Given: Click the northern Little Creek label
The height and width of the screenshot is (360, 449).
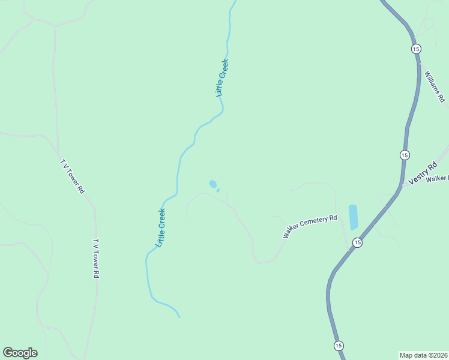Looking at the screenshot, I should pos(223,78).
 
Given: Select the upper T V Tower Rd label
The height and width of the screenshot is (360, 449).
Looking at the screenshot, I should pos(73,176).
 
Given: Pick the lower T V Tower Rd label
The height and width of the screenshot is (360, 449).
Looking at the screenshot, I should pos(95,259).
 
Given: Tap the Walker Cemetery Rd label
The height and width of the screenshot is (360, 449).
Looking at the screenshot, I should pos(310,227).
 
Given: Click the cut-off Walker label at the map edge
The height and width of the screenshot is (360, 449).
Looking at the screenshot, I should pos(438,178).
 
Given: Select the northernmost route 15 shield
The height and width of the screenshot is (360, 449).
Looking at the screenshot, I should pos(416,49).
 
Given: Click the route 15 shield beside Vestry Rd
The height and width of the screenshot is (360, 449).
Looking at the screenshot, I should pos(405,155).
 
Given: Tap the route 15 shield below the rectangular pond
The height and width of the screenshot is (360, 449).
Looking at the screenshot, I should pos(357,242).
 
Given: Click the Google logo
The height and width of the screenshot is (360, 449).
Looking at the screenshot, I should pos(20,353).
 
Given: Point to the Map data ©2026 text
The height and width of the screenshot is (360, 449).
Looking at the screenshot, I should pos(423,355).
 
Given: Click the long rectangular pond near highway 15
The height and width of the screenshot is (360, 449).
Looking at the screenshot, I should pos(353,217).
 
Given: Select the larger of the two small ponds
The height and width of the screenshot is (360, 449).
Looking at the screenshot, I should pos(212,184).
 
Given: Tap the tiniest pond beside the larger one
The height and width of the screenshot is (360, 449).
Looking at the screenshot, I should pos(218,190).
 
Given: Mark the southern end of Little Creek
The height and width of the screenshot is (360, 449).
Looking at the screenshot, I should pos(179,316).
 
